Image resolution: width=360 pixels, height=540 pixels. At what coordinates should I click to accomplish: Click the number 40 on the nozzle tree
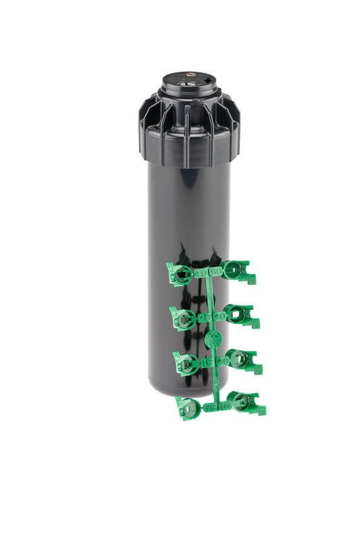click(x=201, y=273)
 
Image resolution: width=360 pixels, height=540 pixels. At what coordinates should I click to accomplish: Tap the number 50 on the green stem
click(x=215, y=272)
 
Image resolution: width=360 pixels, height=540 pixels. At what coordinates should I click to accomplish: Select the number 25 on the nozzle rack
click(x=203, y=317)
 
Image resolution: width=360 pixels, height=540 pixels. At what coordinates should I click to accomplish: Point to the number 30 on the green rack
click(x=218, y=316)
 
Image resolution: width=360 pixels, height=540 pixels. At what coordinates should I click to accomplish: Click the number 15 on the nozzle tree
click(x=206, y=362)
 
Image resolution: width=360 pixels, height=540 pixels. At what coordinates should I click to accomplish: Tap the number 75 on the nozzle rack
click(x=211, y=407)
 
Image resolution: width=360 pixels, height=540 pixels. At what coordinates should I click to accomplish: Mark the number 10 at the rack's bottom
click(x=225, y=406)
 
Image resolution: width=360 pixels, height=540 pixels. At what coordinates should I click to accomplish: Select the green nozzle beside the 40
click(x=180, y=275)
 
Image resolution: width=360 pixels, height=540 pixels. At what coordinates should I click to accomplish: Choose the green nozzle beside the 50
click(x=237, y=271)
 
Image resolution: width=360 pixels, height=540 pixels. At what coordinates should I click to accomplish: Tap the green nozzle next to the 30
click(x=240, y=315)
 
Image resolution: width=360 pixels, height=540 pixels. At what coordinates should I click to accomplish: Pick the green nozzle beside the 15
click(x=186, y=364)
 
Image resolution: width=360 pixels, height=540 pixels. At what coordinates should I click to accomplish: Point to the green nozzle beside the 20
click(x=242, y=360)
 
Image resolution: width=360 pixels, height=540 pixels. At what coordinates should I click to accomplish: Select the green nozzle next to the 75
click(x=189, y=408)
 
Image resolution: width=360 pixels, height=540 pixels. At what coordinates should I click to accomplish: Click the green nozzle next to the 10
click(x=245, y=403)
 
